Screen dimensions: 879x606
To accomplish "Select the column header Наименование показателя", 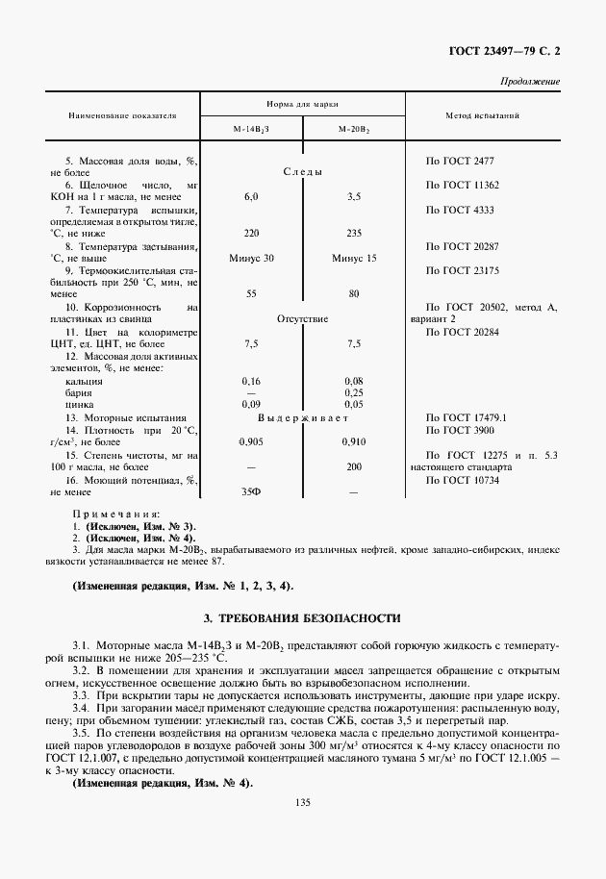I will (122, 114).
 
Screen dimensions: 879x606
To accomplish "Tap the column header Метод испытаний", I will (483, 114).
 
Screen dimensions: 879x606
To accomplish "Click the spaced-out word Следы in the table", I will (302, 171).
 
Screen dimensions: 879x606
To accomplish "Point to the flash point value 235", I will (353, 233).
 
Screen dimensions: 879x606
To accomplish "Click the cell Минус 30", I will (252, 258).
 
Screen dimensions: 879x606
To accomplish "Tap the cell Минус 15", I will (353, 258).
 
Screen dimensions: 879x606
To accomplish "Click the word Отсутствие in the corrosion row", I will (302, 318).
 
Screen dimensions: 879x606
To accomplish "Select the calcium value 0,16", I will (252, 381).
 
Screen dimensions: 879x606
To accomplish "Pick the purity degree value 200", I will (353, 466).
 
